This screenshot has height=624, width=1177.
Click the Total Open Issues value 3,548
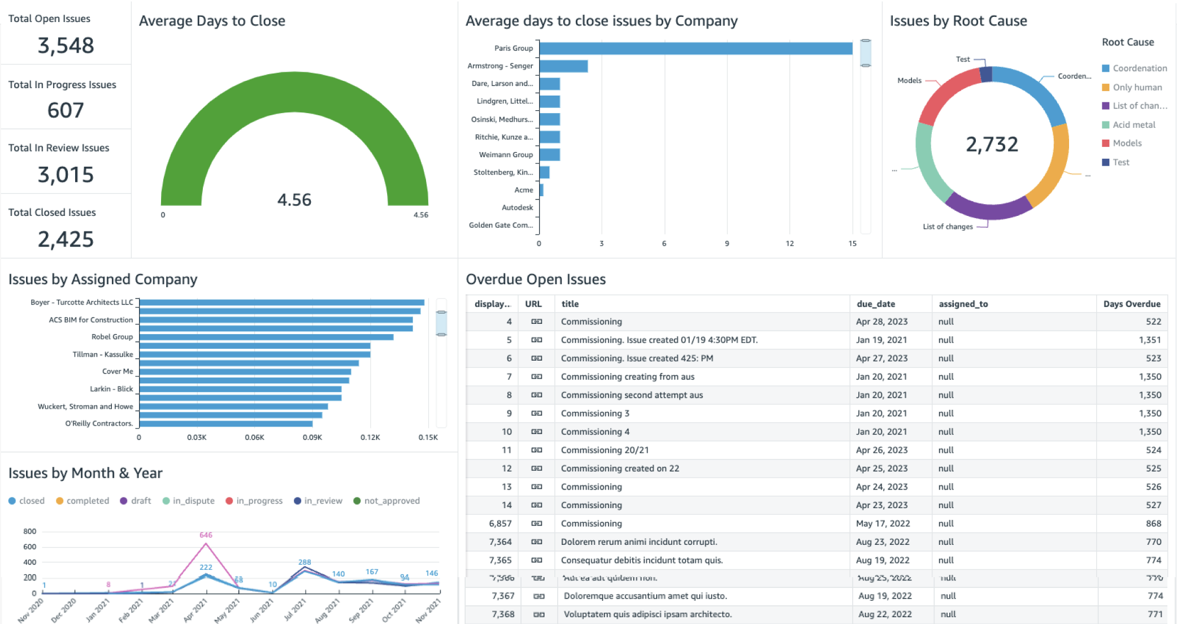(66, 46)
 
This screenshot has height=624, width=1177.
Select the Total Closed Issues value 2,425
(66, 240)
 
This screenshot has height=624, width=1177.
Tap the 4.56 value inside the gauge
(294, 200)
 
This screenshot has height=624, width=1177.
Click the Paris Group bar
(696, 49)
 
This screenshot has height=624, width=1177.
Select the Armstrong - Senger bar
(563, 66)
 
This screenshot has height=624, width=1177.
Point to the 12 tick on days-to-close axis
(789, 244)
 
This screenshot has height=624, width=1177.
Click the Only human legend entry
(1137, 88)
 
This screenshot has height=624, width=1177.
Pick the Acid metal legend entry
(1133, 125)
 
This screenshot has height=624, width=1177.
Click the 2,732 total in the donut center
(992, 145)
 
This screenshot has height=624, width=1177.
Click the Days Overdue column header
(1131, 304)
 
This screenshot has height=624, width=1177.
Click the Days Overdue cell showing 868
(1153, 524)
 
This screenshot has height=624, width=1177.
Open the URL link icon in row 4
(536, 322)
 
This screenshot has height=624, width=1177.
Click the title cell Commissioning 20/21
(605, 450)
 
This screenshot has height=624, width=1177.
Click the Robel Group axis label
(112, 337)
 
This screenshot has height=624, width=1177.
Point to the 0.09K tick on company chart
(312, 437)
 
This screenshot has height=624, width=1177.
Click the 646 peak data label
(206, 535)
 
